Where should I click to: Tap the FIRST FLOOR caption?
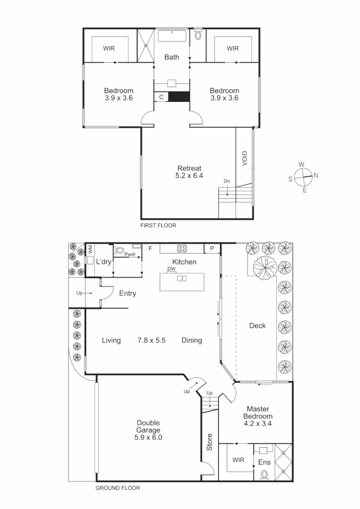[x=158, y=226]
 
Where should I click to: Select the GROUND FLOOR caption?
[x=118, y=488]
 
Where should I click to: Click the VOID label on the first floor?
[x=245, y=158]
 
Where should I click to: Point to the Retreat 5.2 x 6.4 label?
[x=189, y=172]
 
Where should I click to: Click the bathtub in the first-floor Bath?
[x=172, y=36]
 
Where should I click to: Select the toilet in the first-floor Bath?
[x=198, y=34]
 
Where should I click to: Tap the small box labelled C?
[x=161, y=97]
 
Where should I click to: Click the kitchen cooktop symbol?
[x=181, y=248]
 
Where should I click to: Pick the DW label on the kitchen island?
[x=171, y=270]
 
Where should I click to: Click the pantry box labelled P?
[x=212, y=248]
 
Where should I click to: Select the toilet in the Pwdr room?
[x=120, y=251]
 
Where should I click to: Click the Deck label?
[x=257, y=326]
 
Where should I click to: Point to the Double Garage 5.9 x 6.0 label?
[x=148, y=430]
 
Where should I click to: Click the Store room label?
[x=210, y=443]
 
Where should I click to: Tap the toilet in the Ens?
[x=265, y=475]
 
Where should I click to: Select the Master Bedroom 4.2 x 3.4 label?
[x=258, y=416]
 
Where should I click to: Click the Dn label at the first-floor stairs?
[x=227, y=181]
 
